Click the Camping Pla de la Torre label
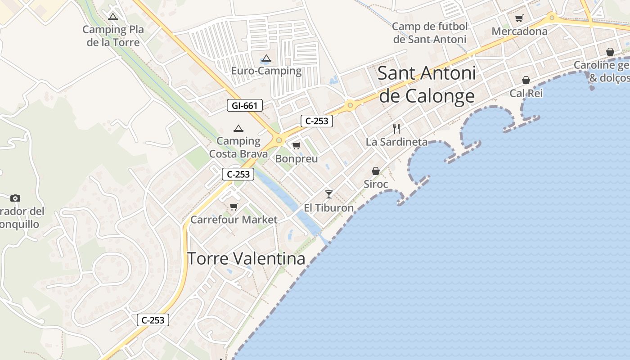point(113,36)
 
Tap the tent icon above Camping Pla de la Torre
point(113,17)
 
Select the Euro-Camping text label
point(266,71)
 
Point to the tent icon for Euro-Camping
point(266,58)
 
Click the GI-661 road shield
point(244,106)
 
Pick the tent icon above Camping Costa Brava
point(238,129)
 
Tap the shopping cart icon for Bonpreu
point(296,146)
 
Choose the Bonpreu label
point(296,159)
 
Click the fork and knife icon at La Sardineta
point(396,129)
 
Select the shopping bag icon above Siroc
point(376,171)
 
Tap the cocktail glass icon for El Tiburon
point(329,194)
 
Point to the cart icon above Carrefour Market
point(234,207)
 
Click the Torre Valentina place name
point(246,259)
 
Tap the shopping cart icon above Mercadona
point(519,18)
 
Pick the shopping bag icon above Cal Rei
point(526,81)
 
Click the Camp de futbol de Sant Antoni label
point(430,33)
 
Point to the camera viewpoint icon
point(15,198)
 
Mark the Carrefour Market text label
point(234,220)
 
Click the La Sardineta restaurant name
point(396,142)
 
